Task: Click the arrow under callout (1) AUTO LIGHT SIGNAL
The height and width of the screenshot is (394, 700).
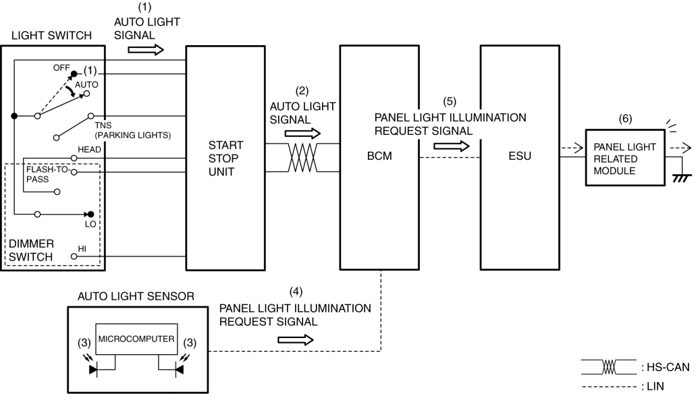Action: (x=145, y=49)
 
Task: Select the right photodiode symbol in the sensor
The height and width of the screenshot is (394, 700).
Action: (x=180, y=368)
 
